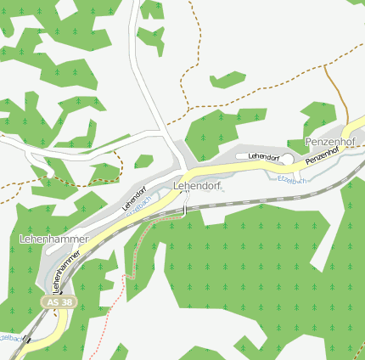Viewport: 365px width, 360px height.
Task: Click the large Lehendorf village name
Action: click(x=197, y=185)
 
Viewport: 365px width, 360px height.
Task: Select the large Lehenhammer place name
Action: click(x=53, y=239)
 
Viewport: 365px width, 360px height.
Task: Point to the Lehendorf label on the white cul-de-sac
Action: click(x=263, y=157)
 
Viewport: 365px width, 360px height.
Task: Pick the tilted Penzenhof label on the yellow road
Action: click(x=323, y=156)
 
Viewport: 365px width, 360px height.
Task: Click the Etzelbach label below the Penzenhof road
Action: click(x=291, y=178)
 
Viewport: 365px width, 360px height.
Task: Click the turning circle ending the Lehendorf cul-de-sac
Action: click(x=288, y=159)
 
